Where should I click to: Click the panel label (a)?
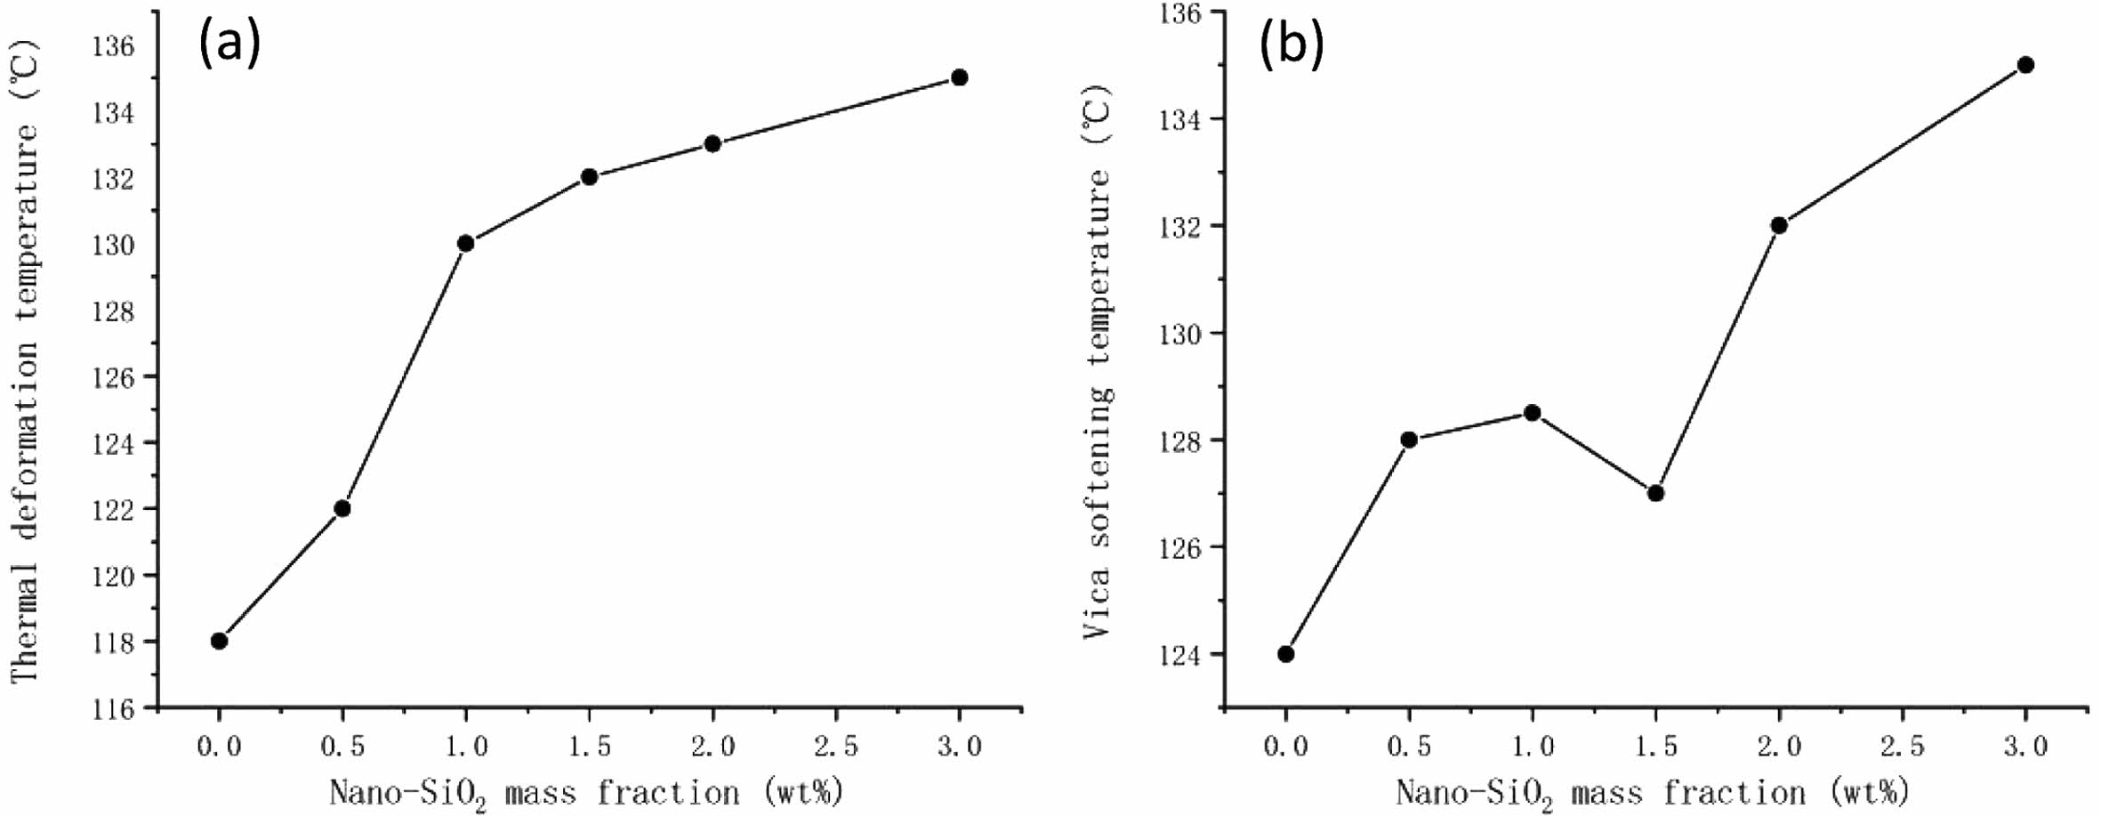(229, 43)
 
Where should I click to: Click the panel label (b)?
(1291, 44)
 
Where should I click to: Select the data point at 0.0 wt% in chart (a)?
(219, 641)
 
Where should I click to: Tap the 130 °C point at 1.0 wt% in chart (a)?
(465, 243)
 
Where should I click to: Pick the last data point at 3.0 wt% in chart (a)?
(959, 77)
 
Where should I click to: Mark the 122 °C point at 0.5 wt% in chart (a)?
(342, 508)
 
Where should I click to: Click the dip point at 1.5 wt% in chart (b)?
(1655, 493)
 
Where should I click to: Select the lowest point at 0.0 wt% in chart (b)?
(1285, 654)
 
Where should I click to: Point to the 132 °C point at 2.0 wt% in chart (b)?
(1779, 225)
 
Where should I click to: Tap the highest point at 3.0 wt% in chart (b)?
(2025, 65)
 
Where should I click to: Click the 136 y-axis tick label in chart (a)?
(114, 46)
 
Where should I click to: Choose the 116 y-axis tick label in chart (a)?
(114, 709)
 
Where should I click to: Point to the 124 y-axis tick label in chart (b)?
(1179, 655)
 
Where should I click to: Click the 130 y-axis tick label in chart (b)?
(1179, 334)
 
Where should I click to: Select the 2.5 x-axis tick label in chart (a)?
(835, 746)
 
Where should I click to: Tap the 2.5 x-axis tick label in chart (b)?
(1902, 746)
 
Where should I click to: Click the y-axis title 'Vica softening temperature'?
(1098, 360)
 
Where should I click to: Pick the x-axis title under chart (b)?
(1652, 793)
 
